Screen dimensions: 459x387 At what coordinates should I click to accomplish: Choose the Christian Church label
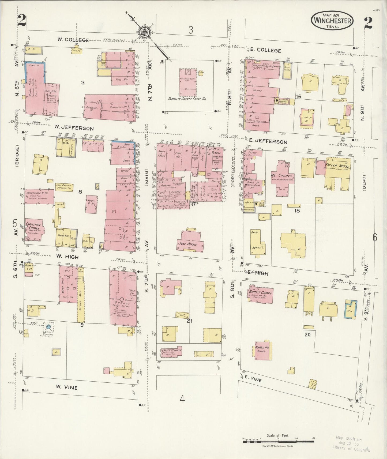pyautogui.click(x=33, y=227)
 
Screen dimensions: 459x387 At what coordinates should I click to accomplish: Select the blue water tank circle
pyautogui.click(x=48, y=326)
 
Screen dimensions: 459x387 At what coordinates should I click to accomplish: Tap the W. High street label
pyautogui.click(x=67, y=257)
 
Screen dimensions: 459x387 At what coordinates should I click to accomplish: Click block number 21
pyautogui.click(x=190, y=321)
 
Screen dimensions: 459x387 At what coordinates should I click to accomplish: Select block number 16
pyautogui.click(x=299, y=96)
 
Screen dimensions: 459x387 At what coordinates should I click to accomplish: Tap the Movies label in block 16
pyautogui.click(x=257, y=91)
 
